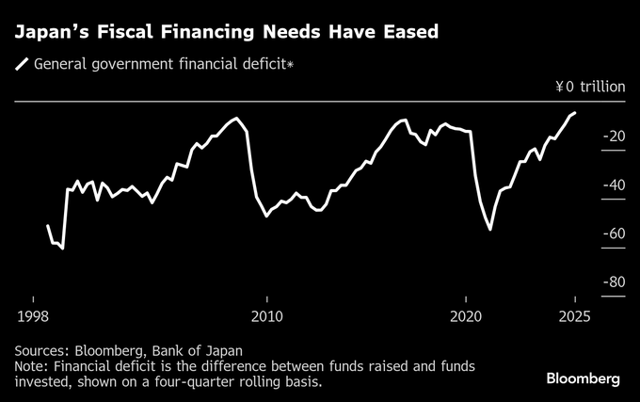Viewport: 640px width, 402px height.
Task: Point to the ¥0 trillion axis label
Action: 589,88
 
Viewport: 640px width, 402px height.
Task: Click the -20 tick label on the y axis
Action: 613,137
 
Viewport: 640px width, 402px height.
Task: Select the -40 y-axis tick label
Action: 613,185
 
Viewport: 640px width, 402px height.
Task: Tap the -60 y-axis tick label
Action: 613,233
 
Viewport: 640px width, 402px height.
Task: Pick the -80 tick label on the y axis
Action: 613,281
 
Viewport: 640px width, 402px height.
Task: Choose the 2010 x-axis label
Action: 266,315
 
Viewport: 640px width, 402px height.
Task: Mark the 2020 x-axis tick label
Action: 467,315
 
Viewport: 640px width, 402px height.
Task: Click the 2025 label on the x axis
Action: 573,315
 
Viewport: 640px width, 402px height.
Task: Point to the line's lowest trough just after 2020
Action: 490,229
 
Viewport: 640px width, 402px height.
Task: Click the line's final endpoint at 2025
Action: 575,113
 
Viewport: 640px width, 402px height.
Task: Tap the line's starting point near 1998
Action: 47,225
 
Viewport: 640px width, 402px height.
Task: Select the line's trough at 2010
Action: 266,216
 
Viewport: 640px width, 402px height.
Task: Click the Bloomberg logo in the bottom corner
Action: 584,378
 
